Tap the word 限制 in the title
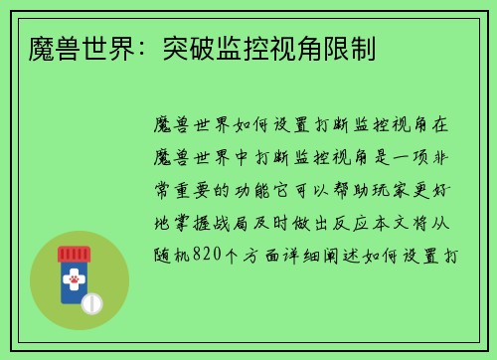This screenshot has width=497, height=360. click(351, 46)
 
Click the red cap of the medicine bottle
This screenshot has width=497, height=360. click(74, 255)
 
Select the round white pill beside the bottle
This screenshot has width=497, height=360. click(92, 302)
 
